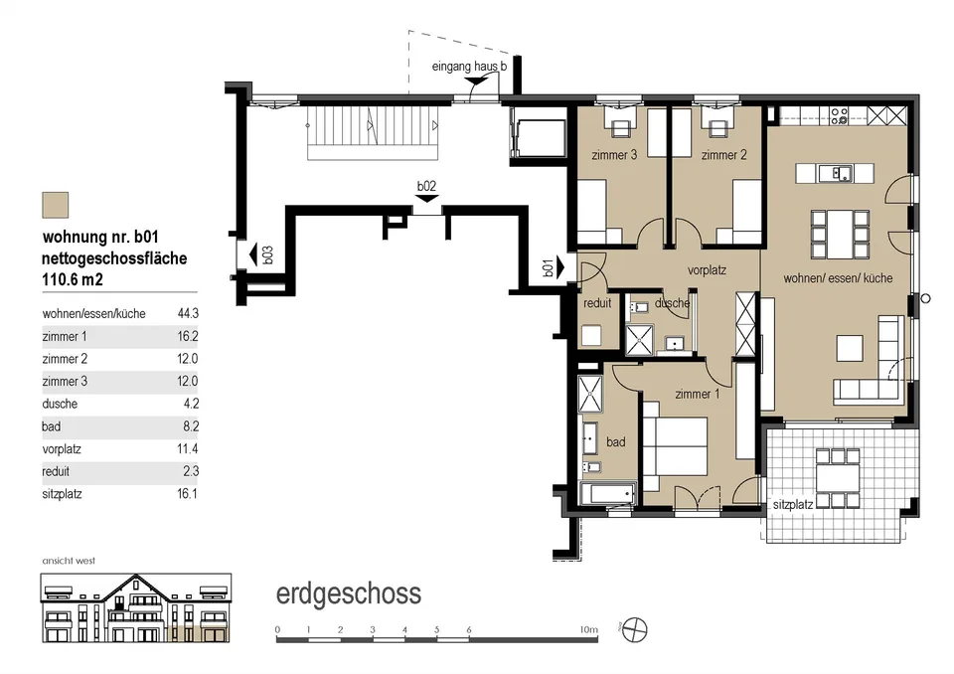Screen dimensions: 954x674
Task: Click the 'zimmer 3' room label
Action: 614,155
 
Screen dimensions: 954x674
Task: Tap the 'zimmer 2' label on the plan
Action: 723,155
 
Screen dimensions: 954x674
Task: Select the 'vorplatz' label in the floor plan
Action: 707,269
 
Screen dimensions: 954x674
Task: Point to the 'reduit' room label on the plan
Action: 597,302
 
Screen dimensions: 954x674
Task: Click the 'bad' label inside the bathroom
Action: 616,442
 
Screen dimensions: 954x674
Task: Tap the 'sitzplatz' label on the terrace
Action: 793,504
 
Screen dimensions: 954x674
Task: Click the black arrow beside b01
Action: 560,267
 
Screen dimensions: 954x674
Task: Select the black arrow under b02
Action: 427,199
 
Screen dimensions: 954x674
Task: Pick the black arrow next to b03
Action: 253,253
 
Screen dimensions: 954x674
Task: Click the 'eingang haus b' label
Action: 469,67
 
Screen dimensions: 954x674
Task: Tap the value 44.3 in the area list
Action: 188,313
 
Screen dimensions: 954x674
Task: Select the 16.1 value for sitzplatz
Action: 188,494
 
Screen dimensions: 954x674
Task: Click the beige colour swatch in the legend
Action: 56,205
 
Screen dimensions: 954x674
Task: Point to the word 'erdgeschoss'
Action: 349,593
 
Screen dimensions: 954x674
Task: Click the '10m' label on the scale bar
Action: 588,629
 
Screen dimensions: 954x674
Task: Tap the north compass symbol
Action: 636,629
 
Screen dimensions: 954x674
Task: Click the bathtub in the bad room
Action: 608,494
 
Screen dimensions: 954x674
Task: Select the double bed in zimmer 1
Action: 676,445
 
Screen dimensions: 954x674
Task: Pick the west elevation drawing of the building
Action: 136,608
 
